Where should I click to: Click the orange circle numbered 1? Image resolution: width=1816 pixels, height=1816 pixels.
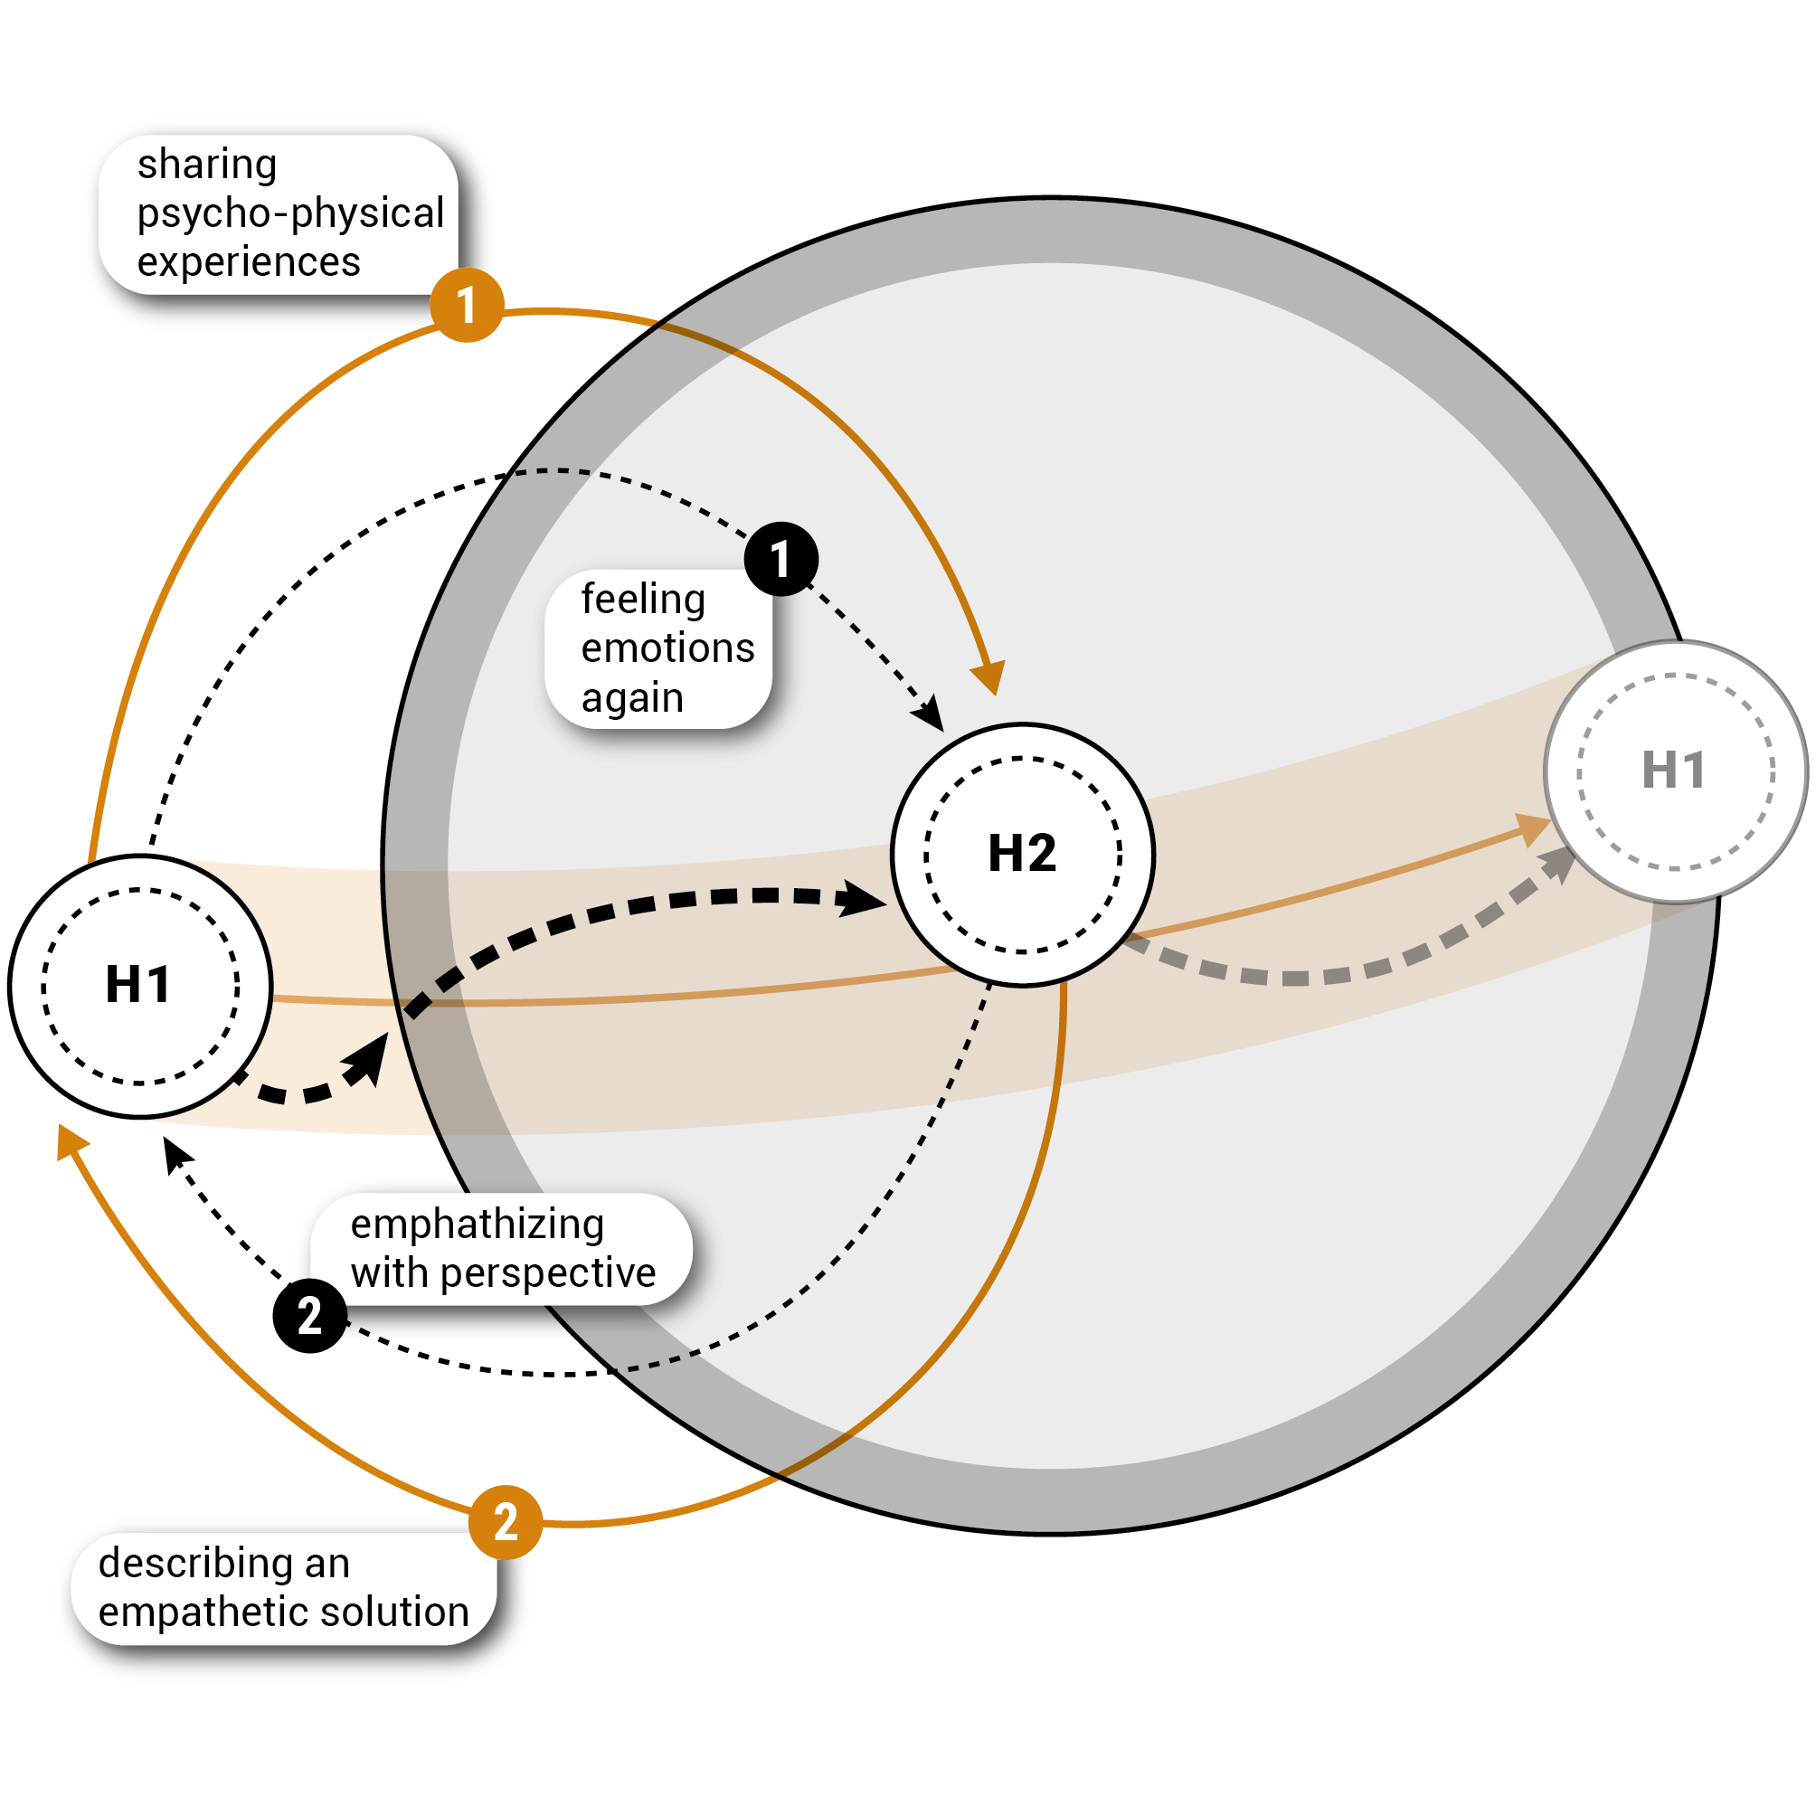tap(468, 306)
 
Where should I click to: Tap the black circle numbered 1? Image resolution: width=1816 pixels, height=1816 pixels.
tap(781, 559)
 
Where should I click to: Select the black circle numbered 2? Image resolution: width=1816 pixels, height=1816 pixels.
tap(310, 1316)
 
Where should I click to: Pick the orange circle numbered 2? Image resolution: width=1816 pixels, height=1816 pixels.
tap(506, 1522)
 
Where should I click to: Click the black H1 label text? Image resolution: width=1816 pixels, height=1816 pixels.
tap(138, 985)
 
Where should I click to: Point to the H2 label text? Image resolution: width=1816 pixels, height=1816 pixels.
tap(1023, 854)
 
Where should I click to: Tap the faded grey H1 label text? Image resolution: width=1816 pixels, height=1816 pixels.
tap(1674, 771)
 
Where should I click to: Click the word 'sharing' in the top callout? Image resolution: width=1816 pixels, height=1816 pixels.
tap(207, 165)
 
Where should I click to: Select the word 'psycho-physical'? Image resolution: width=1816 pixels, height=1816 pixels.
tap(290, 213)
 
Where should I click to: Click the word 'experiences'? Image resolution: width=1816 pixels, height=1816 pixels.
tap(249, 262)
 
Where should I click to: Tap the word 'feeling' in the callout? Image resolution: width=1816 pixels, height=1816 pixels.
tap(643, 600)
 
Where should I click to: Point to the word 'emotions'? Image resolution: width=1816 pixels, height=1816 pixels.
tap(667, 648)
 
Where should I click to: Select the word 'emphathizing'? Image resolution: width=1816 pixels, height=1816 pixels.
tap(478, 1225)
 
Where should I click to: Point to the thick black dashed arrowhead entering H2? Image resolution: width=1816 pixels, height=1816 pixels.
tap(861, 899)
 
